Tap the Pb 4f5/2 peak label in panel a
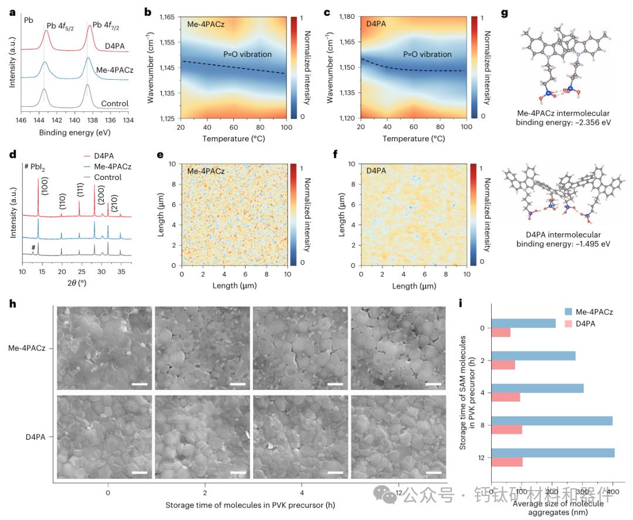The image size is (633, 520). point(56,25)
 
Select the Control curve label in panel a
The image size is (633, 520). point(114,104)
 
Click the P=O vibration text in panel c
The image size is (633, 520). point(428,54)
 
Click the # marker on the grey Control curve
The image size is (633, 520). point(33,247)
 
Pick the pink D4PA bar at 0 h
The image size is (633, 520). point(500,332)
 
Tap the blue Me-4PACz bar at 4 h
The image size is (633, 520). point(536,388)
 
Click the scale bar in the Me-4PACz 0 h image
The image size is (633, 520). point(139,384)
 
